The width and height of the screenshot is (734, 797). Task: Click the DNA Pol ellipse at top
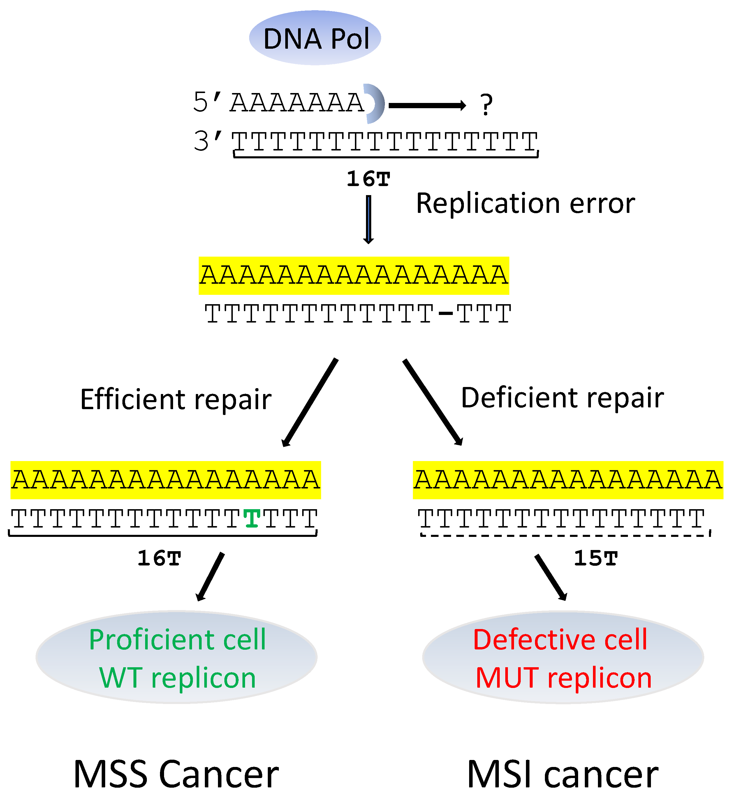[315, 38]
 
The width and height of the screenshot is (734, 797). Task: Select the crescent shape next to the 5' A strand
[375, 104]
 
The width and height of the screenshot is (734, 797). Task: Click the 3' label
[207, 141]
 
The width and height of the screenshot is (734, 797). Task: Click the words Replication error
[525, 204]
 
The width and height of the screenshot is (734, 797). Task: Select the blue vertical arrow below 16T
[369, 219]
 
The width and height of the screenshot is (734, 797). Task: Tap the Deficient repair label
[562, 397]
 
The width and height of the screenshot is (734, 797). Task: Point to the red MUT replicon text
[564, 678]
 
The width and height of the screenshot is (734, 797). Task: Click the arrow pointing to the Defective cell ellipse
[550, 577]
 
